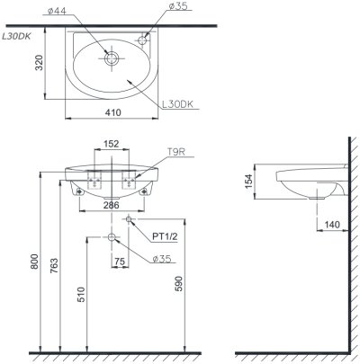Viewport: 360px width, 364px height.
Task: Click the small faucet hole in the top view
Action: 144,39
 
